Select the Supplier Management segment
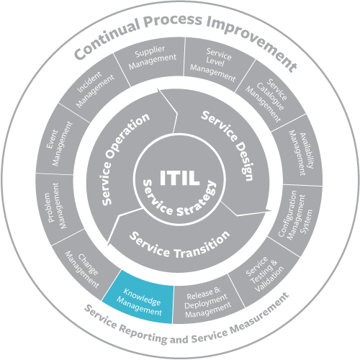coord(151,60)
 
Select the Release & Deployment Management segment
coord(207,302)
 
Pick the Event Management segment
coord(60,144)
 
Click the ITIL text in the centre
coord(179,178)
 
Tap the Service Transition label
coord(180,245)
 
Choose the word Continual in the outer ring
coord(106,38)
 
